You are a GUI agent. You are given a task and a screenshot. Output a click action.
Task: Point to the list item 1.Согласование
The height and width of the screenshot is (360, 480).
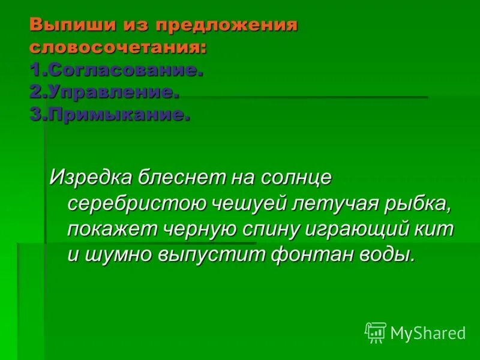(116, 70)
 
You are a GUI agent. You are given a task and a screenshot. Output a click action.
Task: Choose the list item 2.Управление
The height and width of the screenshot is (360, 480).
(104, 92)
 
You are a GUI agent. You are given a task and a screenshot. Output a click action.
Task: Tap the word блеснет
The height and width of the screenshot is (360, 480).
(180, 177)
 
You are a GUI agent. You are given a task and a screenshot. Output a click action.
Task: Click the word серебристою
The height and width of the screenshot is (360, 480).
(136, 203)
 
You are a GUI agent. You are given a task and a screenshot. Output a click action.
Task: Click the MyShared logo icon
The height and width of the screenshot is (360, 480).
(376, 332)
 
